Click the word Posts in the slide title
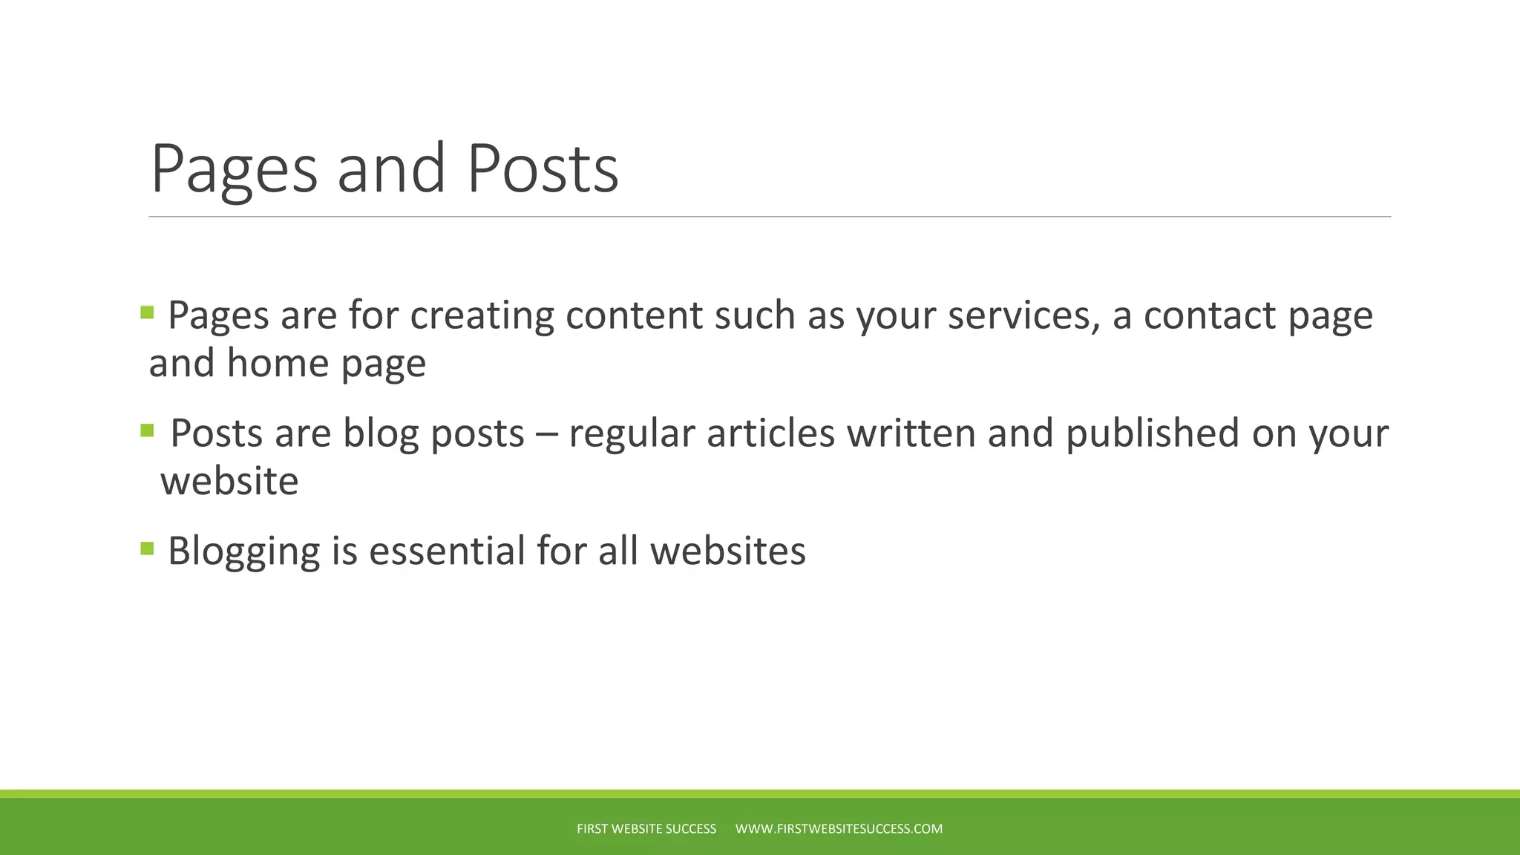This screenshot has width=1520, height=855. [543, 169]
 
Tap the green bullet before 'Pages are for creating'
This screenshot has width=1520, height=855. [147, 312]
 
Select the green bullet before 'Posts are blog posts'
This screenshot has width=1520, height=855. [147, 430]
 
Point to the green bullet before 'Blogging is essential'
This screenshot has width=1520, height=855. [147, 548]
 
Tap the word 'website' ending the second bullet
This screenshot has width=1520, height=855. [229, 482]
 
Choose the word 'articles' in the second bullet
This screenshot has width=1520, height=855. [770, 433]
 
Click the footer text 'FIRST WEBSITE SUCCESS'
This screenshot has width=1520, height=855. [646, 829]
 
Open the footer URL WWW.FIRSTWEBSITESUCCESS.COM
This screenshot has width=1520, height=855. [839, 829]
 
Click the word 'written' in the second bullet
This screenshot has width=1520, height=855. [911, 433]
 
